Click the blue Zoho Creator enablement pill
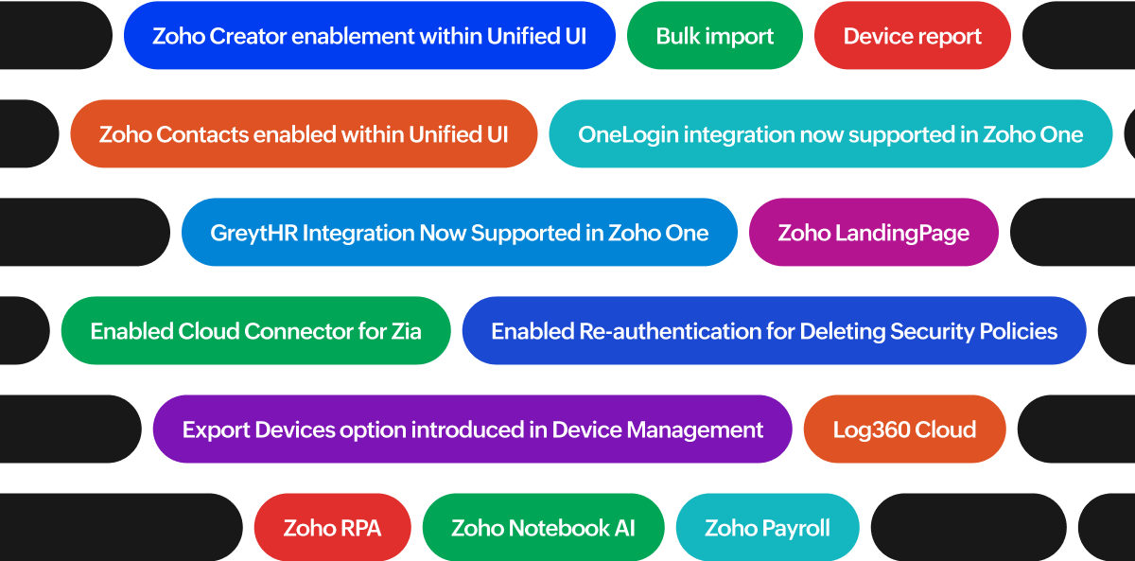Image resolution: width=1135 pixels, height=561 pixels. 369,36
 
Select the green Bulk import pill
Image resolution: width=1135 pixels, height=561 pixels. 714,36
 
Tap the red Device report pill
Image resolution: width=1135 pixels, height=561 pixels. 912,36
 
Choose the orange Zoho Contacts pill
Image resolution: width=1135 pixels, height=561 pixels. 303,134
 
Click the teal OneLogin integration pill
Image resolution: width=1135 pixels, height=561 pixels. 830,134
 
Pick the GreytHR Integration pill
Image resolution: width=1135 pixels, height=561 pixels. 459,233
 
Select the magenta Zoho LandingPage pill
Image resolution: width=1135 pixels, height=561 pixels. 873,233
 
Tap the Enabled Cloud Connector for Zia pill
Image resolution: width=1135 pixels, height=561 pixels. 255,331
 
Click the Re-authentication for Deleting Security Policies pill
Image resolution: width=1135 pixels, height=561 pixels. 774,331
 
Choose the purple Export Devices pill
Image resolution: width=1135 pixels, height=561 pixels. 472,430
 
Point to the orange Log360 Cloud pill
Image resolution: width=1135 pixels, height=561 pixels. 904,430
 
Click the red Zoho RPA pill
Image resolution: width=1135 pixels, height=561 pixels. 332,528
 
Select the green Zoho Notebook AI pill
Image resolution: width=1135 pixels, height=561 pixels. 543,528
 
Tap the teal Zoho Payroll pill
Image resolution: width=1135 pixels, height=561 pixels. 767,528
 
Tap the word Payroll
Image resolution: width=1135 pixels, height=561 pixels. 796,528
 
